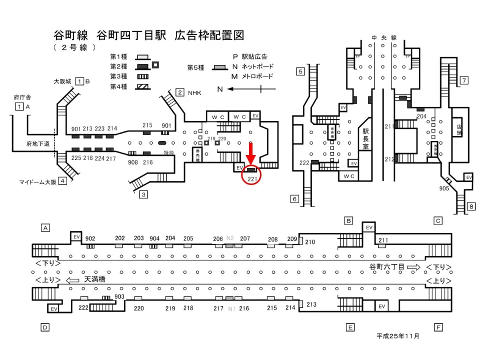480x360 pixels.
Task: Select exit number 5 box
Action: pyautogui.click(x=300, y=71)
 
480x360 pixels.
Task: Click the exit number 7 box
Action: pyautogui.click(x=464, y=80)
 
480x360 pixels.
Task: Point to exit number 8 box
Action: pyautogui.click(x=470, y=206)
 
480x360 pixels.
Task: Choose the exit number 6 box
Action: pyautogui.click(x=294, y=199)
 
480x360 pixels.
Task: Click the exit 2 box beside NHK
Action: pyautogui.click(x=179, y=92)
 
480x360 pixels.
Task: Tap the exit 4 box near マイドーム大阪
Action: pyautogui.click(x=62, y=181)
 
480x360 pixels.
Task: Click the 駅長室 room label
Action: pyautogui.click(x=365, y=138)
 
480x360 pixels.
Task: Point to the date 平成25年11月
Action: pyautogui.click(x=398, y=336)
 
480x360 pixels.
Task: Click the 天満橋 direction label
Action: pyautogui.click(x=94, y=279)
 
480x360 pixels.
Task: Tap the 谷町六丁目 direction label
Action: pyautogui.click(x=386, y=267)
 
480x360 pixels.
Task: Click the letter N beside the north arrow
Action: pyautogui.click(x=219, y=89)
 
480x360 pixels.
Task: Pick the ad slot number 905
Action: pyautogui.click(x=443, y=188)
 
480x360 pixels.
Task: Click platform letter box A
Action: pyautogui.click(x=45, y=228)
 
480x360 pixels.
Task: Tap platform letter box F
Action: pyautogui.click(x=438, y=327)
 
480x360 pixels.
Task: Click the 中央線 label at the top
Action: pyautogui.click(x=384, y=38)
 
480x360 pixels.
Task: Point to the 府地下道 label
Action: pyautogui.click(x=37, y=144)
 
